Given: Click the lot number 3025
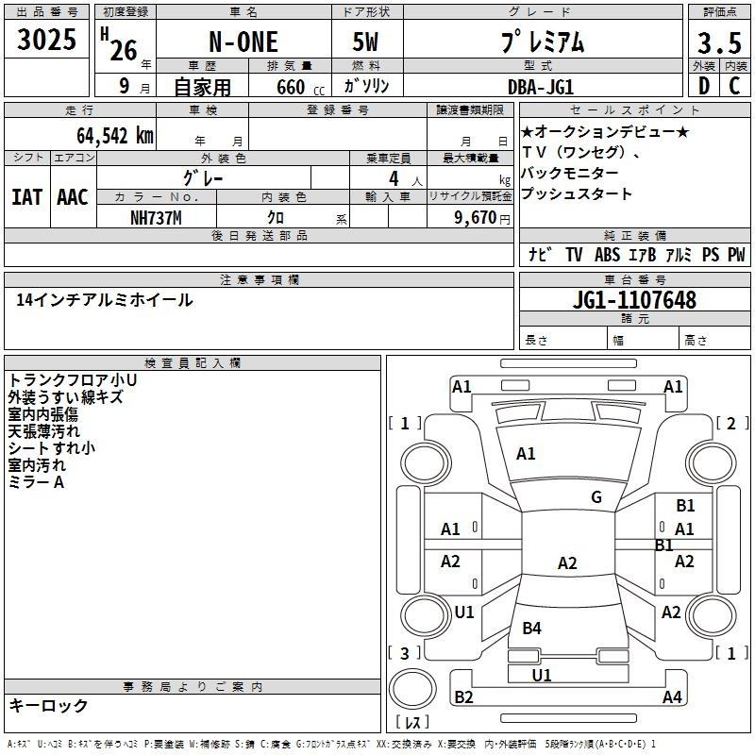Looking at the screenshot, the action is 46,40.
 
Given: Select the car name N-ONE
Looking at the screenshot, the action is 243,42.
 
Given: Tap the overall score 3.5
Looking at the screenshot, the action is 719,42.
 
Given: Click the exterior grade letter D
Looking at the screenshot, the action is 704,86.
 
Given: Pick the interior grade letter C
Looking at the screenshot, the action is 734,86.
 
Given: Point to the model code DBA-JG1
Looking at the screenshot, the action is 541,87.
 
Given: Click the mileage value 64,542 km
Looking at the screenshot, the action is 115,136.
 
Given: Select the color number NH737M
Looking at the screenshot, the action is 156,218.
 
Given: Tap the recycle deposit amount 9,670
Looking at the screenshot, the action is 476,218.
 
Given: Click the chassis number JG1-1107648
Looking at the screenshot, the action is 634,300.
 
